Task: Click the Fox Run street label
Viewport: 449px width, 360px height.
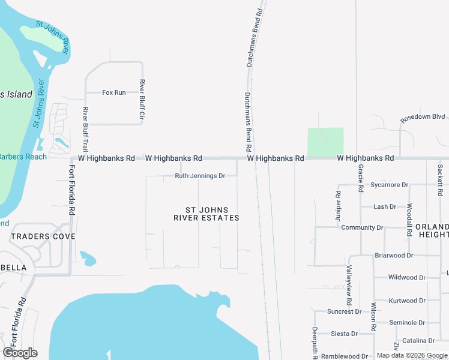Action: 114,92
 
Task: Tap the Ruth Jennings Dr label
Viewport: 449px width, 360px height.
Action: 200,176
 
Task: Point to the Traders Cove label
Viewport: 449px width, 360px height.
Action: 43,236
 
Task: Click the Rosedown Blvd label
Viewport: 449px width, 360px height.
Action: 423,117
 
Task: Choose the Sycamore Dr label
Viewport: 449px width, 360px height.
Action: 389,185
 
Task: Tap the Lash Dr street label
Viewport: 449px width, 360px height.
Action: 385,206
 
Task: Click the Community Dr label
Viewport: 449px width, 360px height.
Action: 362,228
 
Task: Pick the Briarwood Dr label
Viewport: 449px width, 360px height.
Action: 394,256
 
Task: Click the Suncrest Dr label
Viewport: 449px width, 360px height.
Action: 344,311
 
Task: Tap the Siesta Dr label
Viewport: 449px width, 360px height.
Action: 344,334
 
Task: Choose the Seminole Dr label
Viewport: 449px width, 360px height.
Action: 407,323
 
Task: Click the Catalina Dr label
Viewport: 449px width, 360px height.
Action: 414,341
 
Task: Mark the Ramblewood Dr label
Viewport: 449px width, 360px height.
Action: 344,356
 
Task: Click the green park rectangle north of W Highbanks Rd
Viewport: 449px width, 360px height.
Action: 325,142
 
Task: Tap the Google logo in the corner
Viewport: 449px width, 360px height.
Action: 20,353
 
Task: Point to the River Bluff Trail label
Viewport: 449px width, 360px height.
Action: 86,129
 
